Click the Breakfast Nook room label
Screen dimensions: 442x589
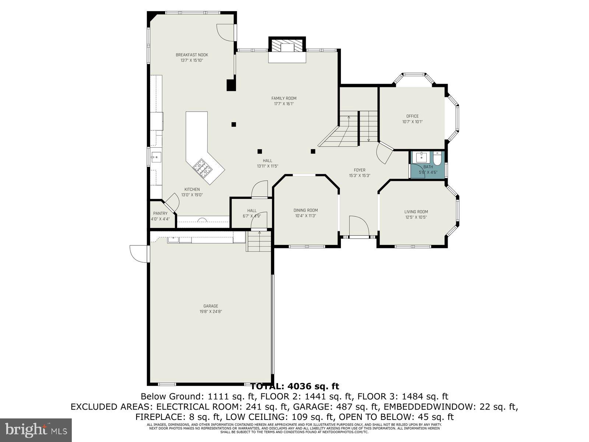click(192, 55)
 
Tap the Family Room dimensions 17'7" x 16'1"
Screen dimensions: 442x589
click(283, 104)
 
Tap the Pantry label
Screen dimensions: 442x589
click(160, 213)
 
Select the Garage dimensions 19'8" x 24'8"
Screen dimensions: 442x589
click(211, 311)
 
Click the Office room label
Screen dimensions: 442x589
click(412, 116)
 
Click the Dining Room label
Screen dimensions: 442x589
click(306, 210)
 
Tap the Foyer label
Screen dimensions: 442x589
click(359, 170)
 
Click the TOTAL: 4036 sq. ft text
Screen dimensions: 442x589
click(294, 386)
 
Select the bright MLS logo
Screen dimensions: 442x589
click(36, 429)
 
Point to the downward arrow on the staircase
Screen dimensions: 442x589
click(368, 140)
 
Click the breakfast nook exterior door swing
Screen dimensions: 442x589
click(225, 32)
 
